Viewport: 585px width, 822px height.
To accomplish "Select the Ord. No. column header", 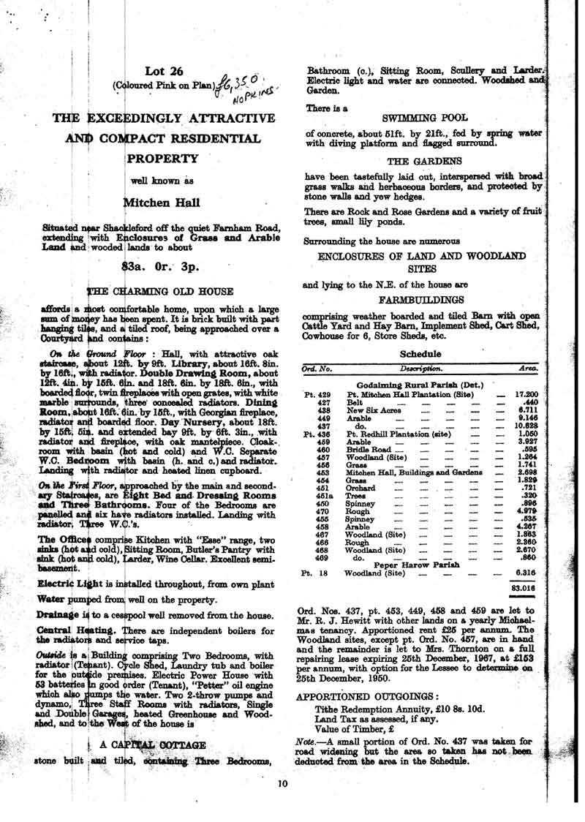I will pos(317,369).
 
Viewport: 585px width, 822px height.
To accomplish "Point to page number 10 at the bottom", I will pos(285,785).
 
